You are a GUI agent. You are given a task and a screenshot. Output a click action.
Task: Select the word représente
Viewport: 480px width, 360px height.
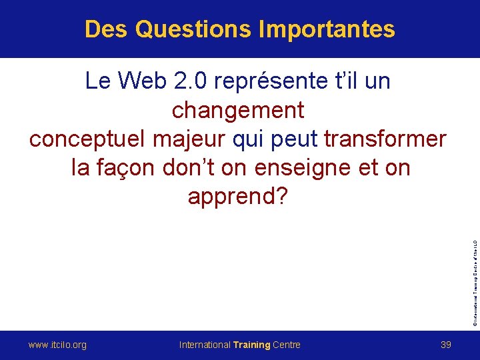(275, 81)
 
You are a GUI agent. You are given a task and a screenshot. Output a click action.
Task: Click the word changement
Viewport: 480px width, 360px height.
(238, 110)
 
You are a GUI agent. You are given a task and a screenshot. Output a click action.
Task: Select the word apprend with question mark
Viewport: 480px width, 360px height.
(238, 197)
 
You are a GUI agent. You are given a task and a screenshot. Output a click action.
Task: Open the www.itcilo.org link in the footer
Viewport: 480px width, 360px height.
(57, 345)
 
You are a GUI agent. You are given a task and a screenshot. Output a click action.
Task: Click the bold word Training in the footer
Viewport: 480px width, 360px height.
(252, 345)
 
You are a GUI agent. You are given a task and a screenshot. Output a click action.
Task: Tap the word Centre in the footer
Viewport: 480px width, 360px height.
(287, 345)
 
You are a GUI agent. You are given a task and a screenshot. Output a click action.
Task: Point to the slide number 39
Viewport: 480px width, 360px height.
(447, 345)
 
